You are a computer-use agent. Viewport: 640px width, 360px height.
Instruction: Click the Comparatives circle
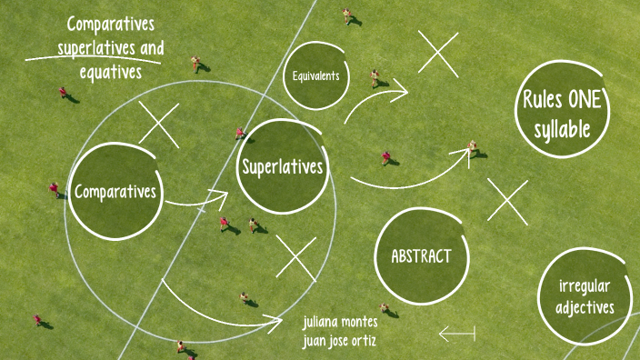coord(115,191)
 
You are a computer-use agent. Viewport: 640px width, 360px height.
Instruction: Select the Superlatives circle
coord(282,167)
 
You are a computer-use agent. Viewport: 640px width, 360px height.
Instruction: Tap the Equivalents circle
coord(315,75)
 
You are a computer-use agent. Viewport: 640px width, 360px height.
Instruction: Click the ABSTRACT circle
coord(421,255)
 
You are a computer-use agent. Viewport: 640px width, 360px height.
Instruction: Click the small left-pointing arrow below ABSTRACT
coord(456,334)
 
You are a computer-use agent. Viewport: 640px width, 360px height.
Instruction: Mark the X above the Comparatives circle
coord(159,125)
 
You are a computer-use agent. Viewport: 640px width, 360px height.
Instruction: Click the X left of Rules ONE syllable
coord(438,53)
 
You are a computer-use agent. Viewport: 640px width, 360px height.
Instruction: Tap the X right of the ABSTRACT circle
coord(507,201)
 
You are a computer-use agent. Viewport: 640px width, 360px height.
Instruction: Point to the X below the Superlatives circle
coord(295,258)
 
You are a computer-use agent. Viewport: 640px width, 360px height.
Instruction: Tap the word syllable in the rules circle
coord(563,129)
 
